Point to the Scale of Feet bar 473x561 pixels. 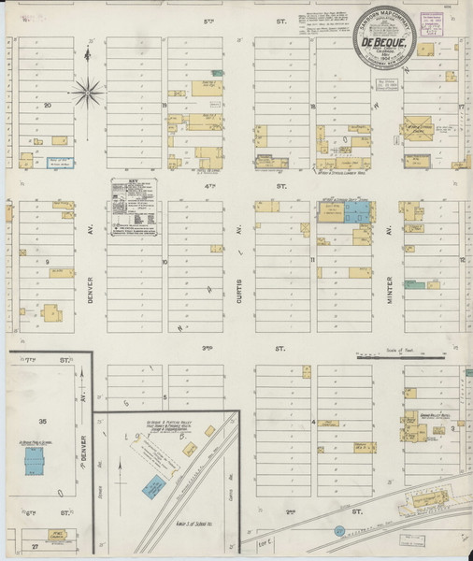401,356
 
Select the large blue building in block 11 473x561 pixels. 355,210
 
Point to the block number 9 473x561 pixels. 47,263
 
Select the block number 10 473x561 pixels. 165,263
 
